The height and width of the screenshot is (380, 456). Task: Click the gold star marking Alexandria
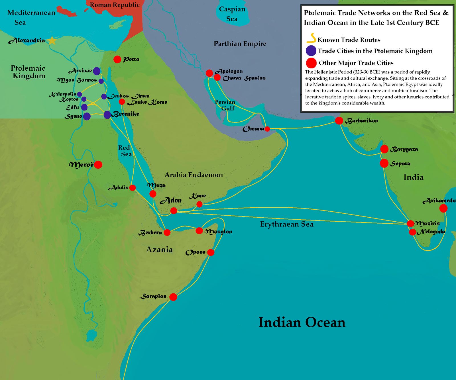[52, 40]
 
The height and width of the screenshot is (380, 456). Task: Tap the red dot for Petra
[117, 59]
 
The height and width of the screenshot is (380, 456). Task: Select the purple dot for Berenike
[107, 115]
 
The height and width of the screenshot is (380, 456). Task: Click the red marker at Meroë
[98, 165]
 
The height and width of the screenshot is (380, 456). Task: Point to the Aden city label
[171, 201]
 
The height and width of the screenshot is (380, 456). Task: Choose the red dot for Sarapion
[173, 297]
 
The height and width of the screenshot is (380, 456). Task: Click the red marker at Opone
[211, 252]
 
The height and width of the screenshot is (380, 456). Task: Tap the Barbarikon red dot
[339, 121]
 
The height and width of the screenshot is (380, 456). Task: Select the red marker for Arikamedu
[443, 209]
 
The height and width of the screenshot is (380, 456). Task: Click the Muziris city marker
[410, 224]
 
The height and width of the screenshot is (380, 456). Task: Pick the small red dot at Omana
[267, 129]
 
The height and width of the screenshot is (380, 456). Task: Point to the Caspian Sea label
[232, 14]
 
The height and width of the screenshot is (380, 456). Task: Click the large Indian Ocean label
[302, 322]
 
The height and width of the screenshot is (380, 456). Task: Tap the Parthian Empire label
[240, 44]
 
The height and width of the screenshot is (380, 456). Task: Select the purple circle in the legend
[311, 51]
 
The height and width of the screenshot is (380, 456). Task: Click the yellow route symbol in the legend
[312, 38]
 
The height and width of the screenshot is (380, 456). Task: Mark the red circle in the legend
[311, 63]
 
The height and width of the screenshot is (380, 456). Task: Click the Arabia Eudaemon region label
[194, 175]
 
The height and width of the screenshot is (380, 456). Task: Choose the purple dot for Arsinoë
[97, 71]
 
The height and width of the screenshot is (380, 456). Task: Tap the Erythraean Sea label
[287, 224]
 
